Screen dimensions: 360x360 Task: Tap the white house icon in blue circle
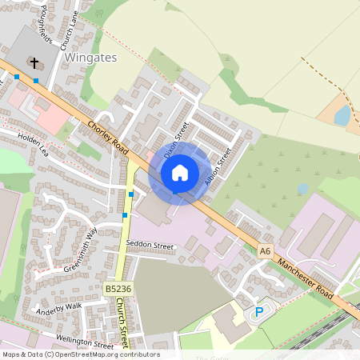[x=180, y=173]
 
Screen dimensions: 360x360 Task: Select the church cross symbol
[x=34, y=62]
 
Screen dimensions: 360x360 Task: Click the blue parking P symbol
[x=258, y=312]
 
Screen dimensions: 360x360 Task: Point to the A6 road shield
[x=266, y=250]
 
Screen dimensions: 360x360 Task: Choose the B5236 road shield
[x=118, y=287]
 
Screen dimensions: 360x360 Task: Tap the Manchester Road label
[x=305, y=278]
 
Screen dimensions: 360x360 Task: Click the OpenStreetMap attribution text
[x=81, y=354]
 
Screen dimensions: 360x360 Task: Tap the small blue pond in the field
[x=342, y=116]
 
